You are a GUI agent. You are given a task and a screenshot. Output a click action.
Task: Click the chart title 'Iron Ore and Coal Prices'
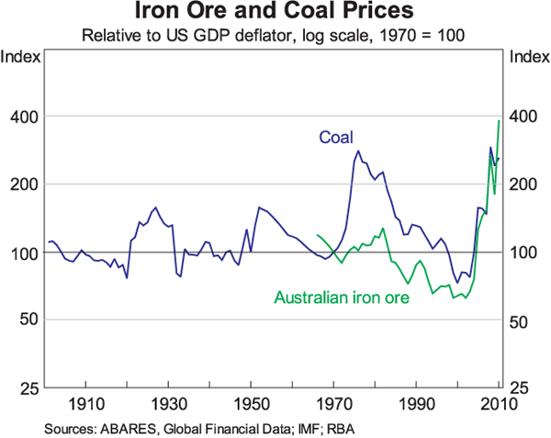275,14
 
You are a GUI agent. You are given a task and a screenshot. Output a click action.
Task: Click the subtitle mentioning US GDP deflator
275,37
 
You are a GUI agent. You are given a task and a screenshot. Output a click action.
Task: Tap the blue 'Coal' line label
335,137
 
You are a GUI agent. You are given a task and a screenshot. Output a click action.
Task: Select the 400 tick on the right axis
523,117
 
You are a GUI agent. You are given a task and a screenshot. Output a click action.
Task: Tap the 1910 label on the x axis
84,406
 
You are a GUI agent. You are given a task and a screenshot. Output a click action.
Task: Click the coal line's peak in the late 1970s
358,152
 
